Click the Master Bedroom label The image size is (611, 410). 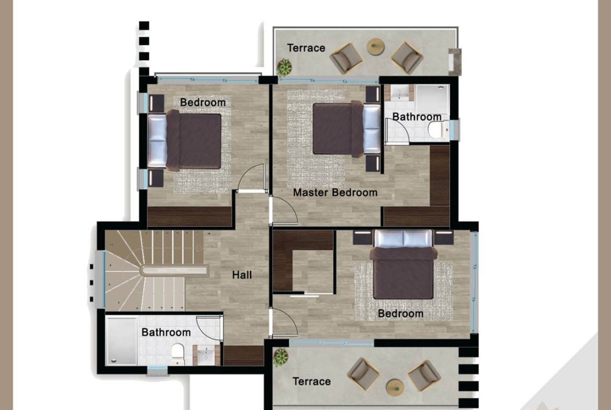pos(335,193)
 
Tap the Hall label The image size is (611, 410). pos(242,275)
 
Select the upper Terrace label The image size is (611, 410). pos(306,48)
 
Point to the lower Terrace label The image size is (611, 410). pos(311,381)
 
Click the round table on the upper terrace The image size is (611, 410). pos(375,46)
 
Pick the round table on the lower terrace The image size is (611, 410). pos(395,388)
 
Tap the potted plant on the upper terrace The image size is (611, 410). pos(284,67)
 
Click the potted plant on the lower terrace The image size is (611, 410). pos(280,357)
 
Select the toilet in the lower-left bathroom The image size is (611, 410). pos(178,354)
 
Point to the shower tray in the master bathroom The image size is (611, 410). pos(432,100)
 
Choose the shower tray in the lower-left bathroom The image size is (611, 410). pos(122,340)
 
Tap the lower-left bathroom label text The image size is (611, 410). pos(167,332)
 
